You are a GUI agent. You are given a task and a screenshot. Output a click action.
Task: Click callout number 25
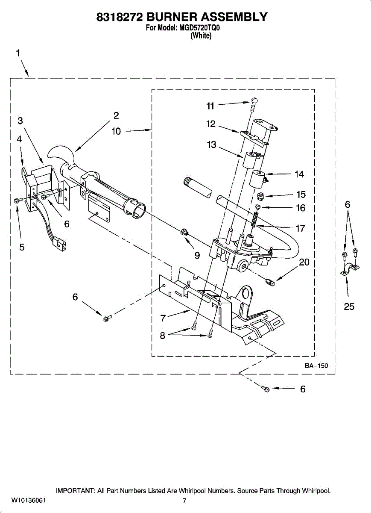pos(349,307)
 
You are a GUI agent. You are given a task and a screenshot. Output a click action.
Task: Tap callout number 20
pos(304,262)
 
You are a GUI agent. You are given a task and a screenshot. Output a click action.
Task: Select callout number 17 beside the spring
pos(301,228)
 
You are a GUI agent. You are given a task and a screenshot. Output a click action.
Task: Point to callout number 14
pos(299,174)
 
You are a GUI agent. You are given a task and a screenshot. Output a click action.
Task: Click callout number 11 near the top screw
pos(210,106)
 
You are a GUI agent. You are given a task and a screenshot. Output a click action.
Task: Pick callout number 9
pos(197,255)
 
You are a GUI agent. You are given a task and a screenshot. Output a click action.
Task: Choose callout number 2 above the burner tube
pos(116,115)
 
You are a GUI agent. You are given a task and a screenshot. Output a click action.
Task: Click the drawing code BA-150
pos(316,366)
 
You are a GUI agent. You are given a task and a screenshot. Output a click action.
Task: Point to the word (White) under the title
pos(201,36)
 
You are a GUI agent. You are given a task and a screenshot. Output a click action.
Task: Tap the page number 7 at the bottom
pos(184,501)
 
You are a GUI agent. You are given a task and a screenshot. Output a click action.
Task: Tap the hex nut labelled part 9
pos(184,233)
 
